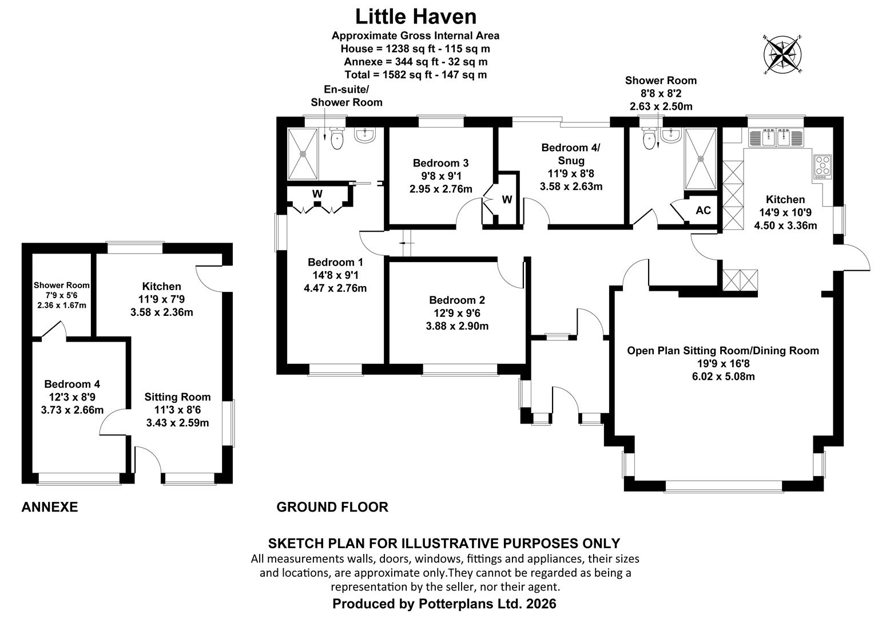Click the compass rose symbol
[x=782, y=54]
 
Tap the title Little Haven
[x=415, y=17]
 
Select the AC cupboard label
[x=703, y=211]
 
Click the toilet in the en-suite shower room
[x=337, y=138]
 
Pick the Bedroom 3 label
[x=441, y=163]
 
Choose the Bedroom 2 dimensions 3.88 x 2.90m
[x=457, y=326]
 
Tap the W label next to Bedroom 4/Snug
[x=507, y=200]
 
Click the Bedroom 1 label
[x=335, y=262]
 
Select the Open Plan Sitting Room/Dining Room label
[x=723, y=351]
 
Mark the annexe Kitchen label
[x=161, y=286]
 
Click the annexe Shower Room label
[x=61, y=285]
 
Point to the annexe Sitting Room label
[x=177, y=397]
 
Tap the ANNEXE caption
[x=49, y=507]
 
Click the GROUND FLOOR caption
[x=332, y=507]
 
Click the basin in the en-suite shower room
[x=365, y=135]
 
